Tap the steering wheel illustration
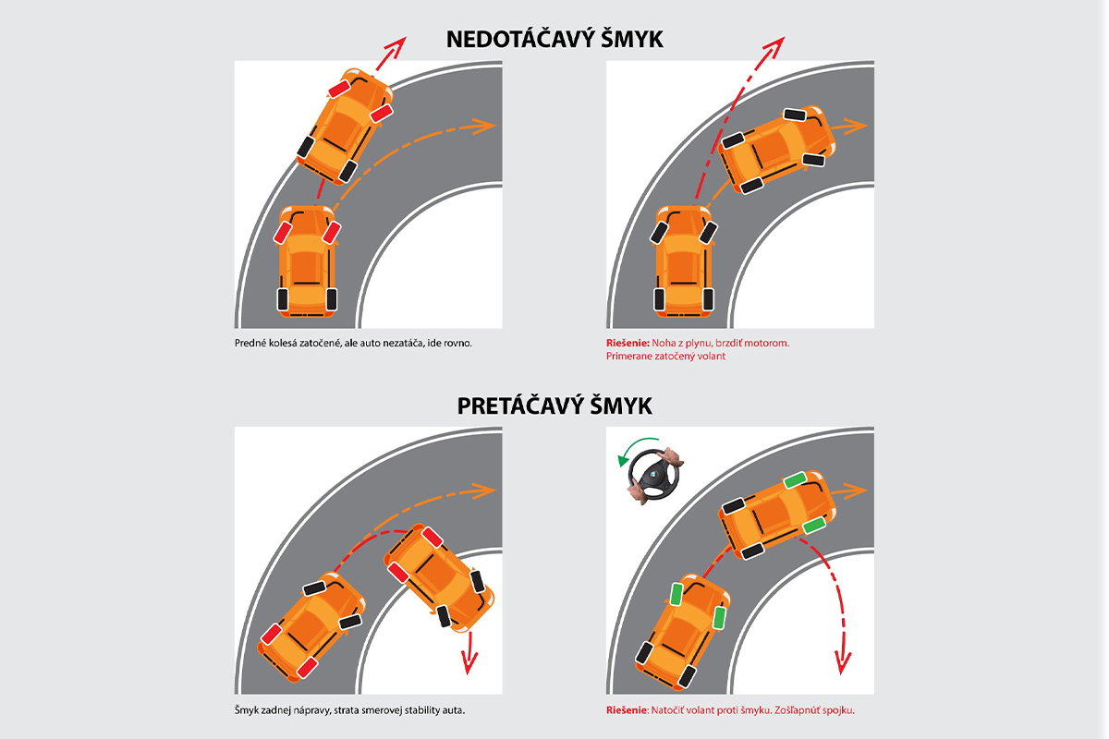[654, 475]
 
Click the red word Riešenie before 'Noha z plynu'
[628, 343]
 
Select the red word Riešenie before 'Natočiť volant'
[627, 710]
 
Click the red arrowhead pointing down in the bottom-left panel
[469, 662]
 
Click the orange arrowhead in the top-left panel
[484, 126]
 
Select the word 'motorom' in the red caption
[767, 343]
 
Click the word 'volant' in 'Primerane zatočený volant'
[712, 356]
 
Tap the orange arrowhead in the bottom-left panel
[484, 491]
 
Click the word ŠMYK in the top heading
[632, 39]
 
